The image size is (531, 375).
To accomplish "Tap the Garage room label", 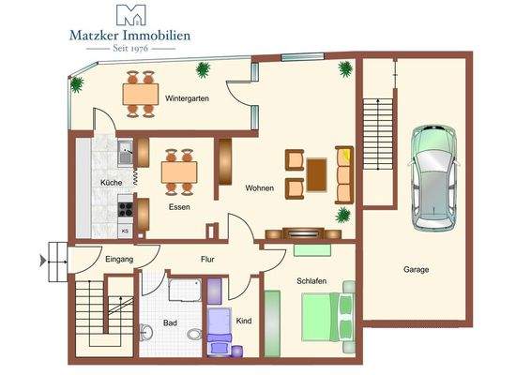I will tap(417, 270).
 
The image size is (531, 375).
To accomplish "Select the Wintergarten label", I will tap(186, 97).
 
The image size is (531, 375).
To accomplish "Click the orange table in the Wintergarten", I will tap(141, 94).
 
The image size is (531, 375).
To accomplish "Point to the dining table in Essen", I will tap(179, 172).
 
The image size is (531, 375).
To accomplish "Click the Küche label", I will tap(111, 183).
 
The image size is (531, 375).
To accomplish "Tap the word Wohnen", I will tap(260, 188).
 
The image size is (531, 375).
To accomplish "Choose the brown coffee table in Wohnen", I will tap(316, 173).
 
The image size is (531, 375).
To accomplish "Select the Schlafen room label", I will tap(312, 280).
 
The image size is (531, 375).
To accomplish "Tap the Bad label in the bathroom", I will tap(170, 322).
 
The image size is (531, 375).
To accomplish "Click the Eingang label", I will tap(119, 259).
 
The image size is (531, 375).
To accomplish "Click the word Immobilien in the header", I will tap(157, 36).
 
